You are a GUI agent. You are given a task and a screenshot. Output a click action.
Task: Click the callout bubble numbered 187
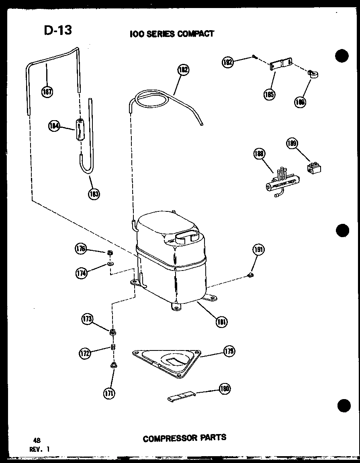click(x=47, y=92)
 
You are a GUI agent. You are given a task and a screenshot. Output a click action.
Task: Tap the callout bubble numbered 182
click(x=183, y=70)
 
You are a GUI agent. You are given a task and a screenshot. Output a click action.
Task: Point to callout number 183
click(x=94, y=193)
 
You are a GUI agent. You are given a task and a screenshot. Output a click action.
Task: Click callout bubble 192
click(x=227, y=62)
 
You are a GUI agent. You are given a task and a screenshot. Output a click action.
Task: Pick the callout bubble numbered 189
click(x=292, y=143)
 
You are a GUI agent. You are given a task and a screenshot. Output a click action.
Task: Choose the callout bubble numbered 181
click(x=221, y=321)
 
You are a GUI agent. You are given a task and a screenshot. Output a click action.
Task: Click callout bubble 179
click(x=229, y=351)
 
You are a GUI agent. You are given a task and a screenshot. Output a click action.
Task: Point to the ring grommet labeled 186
click(x=312, y=74)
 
